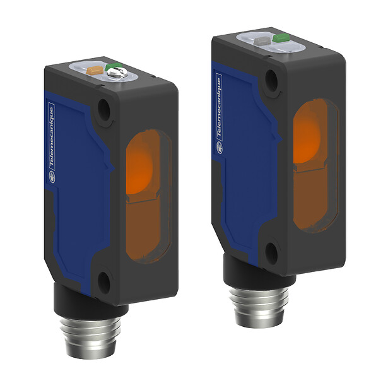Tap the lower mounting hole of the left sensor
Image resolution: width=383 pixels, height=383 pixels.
click(104, 277)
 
